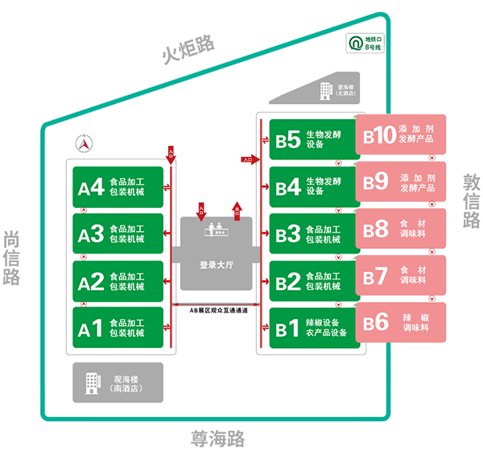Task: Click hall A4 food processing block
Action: coord(118,188)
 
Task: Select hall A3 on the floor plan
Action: coord(118,234)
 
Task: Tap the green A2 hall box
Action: coord(118,281)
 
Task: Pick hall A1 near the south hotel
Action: coord(118,328)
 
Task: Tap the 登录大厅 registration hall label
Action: coord(215,266)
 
